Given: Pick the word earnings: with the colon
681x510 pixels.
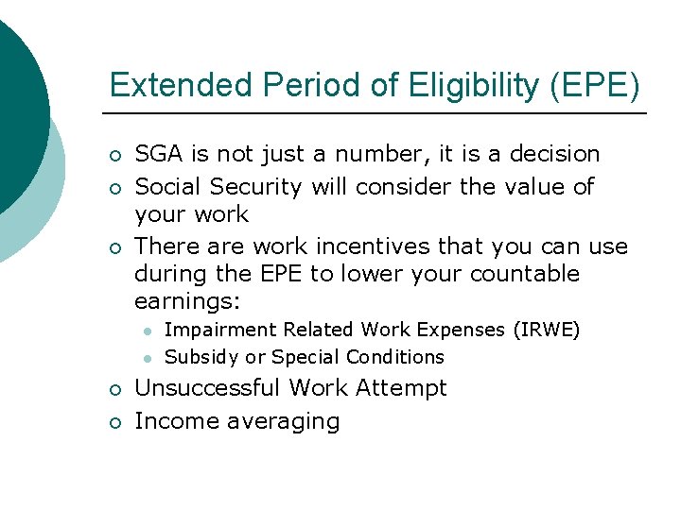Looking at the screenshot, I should click(187, 301).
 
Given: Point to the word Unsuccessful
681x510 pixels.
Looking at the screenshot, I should click(208, 388).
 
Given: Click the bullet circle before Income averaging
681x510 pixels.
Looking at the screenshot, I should click(113, 422).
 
